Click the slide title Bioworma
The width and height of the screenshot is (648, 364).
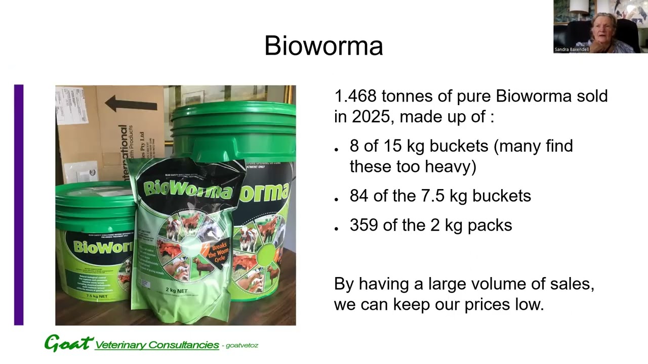coord(323,46)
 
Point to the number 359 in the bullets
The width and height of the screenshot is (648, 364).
coord(364,225)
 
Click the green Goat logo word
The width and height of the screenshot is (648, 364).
coord(69,343)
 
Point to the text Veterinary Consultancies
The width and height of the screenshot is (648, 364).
coord(157,345)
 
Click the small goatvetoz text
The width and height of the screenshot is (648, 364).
coord(242,346)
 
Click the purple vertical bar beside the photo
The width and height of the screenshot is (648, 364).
coord(19,205)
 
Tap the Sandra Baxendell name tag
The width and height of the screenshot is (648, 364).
coord(572,50)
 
